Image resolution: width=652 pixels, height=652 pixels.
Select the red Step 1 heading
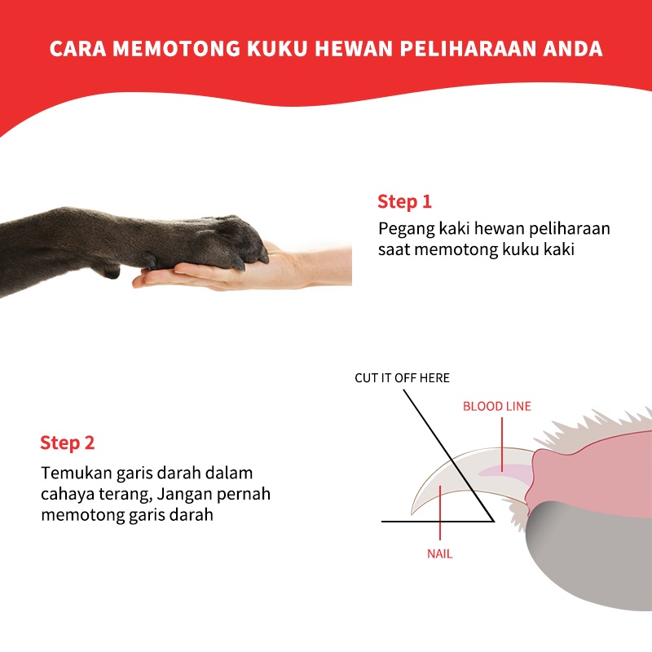point(404,201)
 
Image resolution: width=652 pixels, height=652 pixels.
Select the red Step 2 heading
point(68,443)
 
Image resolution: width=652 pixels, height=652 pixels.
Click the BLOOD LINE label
point(496,405)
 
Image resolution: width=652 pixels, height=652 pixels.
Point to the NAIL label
point(439,553)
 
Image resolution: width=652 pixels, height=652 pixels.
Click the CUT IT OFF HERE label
point(402,378)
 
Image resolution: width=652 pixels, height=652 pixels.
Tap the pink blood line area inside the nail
point(505,470)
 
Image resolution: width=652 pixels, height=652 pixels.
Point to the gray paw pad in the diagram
point(587,562)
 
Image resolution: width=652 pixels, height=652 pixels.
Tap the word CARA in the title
point(77,48)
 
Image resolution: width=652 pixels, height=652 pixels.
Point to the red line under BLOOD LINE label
point(502,440)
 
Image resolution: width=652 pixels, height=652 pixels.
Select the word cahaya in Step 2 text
point(68,494)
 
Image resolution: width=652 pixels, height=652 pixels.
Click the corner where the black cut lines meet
point(494,520)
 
